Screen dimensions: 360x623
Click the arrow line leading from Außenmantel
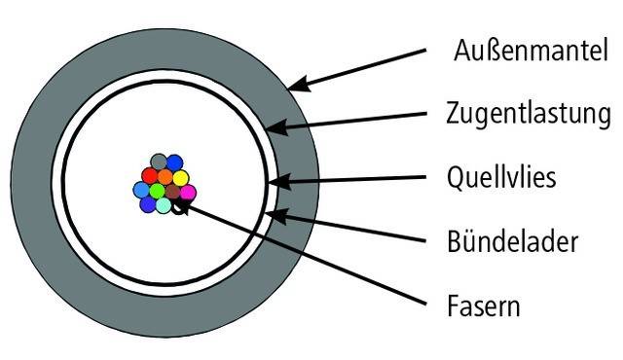tap(370, 65)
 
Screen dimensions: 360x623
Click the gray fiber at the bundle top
tap(159, 162)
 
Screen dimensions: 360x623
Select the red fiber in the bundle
tap(150, 176)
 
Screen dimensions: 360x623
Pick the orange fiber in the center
tap(165, 177)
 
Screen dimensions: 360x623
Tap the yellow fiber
tap(180, 178)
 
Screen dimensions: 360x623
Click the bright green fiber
tap(157, 191)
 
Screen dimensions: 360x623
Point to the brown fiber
tap(172, 192)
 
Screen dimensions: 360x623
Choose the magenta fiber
tap(188, 192)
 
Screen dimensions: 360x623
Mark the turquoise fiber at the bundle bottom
tap(164, 205)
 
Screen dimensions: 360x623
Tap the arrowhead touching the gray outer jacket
tap(296, 85)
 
